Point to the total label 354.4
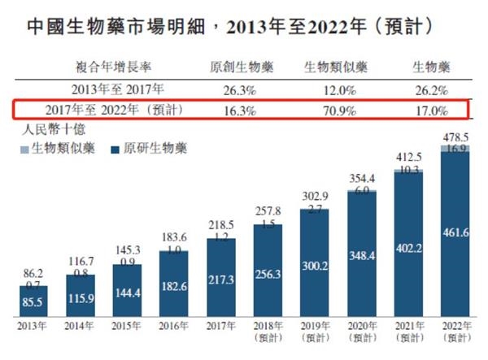click(360, 177)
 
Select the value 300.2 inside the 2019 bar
click(313, 265)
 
